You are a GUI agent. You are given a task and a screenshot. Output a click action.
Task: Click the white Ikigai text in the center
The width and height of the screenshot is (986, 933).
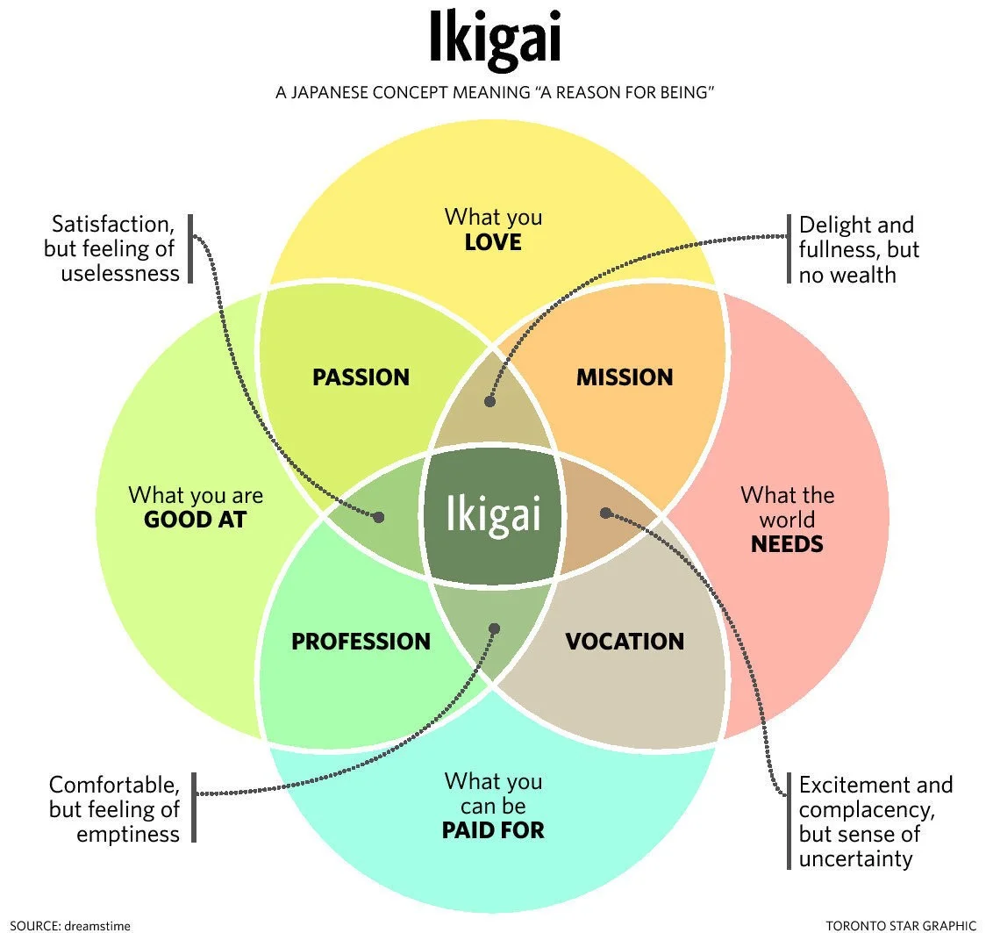[492, 514]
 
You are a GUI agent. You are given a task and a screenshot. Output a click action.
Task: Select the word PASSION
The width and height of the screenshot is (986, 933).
[361, 377]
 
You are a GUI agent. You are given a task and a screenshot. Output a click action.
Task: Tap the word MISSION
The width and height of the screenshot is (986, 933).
[624, 377]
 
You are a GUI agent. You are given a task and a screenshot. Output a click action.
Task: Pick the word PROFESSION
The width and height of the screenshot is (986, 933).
[361, 642]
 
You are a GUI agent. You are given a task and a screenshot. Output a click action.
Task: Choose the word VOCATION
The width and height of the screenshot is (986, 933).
[624, 642]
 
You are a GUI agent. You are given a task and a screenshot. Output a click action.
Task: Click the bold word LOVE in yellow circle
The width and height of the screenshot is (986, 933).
[493, 241]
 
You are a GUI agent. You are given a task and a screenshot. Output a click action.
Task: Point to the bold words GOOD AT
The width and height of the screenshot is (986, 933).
[195, 520]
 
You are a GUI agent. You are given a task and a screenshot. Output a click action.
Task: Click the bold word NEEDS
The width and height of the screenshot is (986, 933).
[787, 544]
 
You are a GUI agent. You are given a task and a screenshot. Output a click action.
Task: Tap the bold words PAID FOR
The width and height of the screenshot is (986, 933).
[493, 829]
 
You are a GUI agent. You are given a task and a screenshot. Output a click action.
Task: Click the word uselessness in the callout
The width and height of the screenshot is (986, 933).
[120, 273]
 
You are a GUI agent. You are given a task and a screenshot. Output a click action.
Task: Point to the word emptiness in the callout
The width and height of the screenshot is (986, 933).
[128, 833]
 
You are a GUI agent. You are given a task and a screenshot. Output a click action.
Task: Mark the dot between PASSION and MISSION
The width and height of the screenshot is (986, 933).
[489, 401]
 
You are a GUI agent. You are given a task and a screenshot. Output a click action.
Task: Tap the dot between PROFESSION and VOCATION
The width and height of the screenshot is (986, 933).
[494, 628]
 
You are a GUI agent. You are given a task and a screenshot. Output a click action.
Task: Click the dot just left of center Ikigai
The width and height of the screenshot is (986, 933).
[379, 517]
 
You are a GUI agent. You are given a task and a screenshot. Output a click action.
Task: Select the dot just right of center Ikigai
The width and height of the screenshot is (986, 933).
[604, 513]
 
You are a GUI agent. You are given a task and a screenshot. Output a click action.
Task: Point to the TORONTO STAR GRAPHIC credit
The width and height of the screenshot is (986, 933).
[901, 925]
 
